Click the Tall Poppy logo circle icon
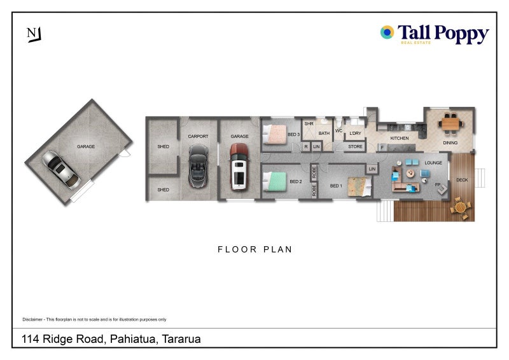[x=387, y=32]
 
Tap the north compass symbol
[x=34, y=34]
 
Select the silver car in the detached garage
[x=61, y=169]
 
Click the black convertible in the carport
[x=198, y=166]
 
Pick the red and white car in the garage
[x=239, y=167]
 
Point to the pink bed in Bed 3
[x=275, y=134]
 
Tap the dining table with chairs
[x=450, y=123]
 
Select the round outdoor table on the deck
[x=461, y=207]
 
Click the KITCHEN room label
[x=400, y=138]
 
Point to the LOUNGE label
[x=433, y=163]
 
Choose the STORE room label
[x=355, y=147]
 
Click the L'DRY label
[x=355, y=133]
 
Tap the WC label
[x=338, y=131]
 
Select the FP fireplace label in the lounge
[x=438, y=184]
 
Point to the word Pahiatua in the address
[x=133, y=339]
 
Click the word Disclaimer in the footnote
[x=32, y=319]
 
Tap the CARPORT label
[x=198, y=136]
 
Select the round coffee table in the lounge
[x=410, y=174]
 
